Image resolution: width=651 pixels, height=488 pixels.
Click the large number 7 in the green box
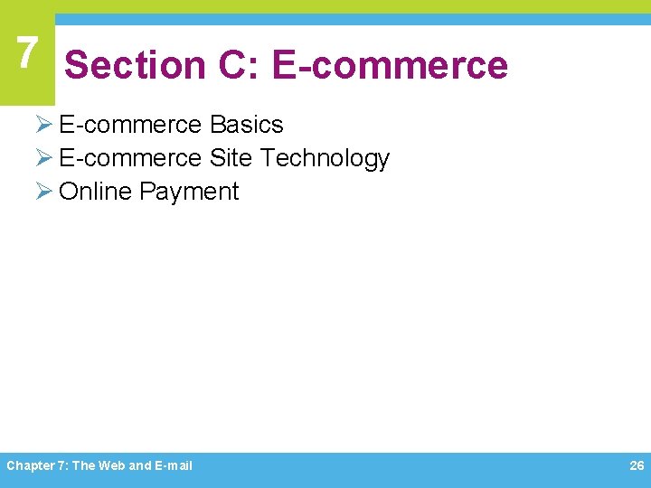27,53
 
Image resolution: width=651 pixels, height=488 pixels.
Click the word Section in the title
135,65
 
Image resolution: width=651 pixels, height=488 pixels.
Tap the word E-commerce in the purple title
390,65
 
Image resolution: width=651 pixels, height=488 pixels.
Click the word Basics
246,125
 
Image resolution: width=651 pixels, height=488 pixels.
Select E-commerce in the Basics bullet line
130,125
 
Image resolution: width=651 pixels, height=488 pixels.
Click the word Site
231,158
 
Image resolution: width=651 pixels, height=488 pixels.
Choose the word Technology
325,158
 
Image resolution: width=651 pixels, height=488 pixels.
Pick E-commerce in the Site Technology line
130,158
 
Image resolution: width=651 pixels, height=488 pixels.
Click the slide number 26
636,465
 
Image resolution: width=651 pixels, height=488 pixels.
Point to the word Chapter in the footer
27,465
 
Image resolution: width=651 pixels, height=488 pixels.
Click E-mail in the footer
174,465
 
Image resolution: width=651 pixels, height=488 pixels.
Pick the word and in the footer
140,465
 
